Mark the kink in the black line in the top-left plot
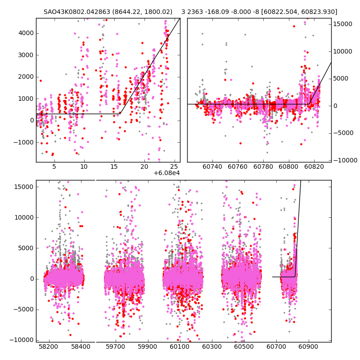[120, 114]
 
